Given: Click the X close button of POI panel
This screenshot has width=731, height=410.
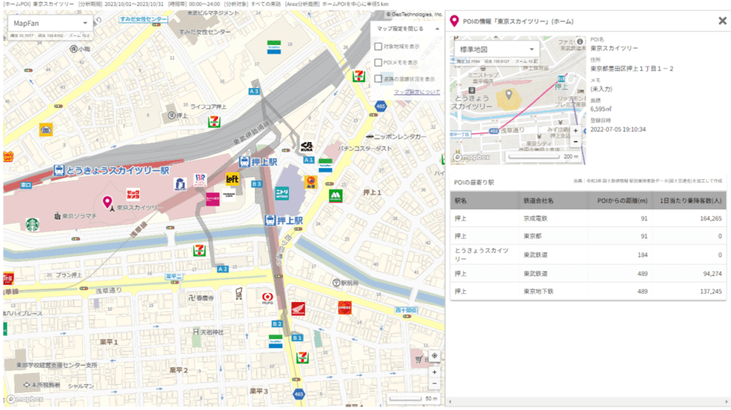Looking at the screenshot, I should [x=722, y=21].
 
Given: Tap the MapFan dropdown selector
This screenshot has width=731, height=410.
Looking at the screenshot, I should [x=48, y=24].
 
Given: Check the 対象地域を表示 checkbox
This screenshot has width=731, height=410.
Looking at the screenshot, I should [x=378, y=46].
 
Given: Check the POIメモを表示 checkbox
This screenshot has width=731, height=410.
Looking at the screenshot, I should [x=378, y=62].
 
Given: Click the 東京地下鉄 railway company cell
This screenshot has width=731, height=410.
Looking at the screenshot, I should [x=538, y=291].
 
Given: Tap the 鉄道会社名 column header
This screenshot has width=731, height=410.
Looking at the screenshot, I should [x=538, y=201].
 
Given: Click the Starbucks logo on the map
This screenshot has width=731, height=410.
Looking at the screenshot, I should [x=33, y=224].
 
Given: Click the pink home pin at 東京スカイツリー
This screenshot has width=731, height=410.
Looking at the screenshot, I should [x=108, y=203].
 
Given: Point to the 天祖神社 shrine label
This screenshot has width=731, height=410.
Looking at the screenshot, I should [x=213, y=332].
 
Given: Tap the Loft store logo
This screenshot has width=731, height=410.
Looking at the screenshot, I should [x=232, y=179].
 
